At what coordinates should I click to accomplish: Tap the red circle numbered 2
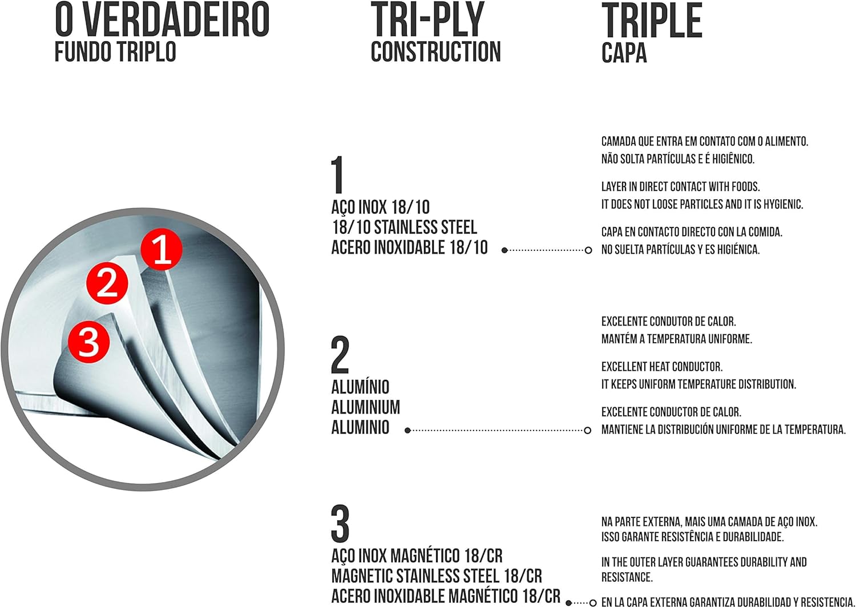(x=107, y=282)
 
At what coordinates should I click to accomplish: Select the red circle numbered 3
(x=89, y=342)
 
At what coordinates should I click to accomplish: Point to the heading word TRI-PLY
(x=427, y=20)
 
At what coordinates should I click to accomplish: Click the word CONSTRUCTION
(x=435, y=51)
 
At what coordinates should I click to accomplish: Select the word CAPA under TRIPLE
(x=624, y=52)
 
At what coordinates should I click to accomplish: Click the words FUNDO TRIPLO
(x=115, y=51)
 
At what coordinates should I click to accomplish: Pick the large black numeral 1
(x=338, y=175)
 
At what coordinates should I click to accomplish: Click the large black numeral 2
(x=340, y=355)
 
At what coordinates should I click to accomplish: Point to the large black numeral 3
(x=340, y=524)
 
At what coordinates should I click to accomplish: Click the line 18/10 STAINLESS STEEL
(x=404, y=227)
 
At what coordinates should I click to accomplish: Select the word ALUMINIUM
(x=365, y=407)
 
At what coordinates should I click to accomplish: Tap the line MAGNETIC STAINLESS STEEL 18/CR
(x=437, y=576)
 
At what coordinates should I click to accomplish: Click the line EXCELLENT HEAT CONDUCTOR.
(x=661, y=367)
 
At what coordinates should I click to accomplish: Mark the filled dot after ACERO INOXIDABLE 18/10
(x=504, y=250)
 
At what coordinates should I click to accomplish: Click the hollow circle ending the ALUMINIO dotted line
(x=588, y=430)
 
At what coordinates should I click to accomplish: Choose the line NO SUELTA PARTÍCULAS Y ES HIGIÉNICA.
(x=680, y=250)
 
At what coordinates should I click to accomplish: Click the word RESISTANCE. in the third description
(x=627, y=577)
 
